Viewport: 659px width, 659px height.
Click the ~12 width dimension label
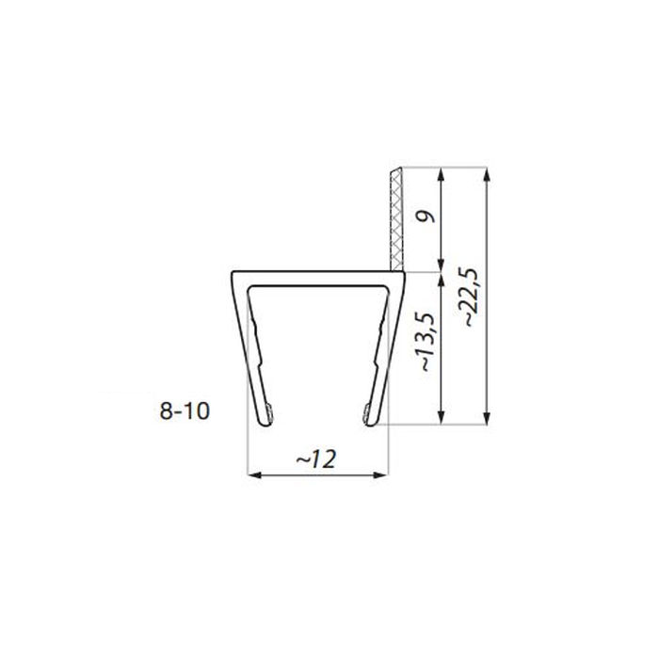tap(316, 459)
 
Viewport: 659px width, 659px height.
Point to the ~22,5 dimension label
tap(470, 297)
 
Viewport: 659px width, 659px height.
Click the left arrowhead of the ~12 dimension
tap(253, 475)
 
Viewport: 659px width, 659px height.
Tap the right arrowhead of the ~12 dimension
tap(380, 475)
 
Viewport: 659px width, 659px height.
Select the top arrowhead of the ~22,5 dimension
tap(487, 175)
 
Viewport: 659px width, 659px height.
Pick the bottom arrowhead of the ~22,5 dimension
tap(487, 418)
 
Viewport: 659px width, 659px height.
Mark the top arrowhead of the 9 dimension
tap(441, 175)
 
